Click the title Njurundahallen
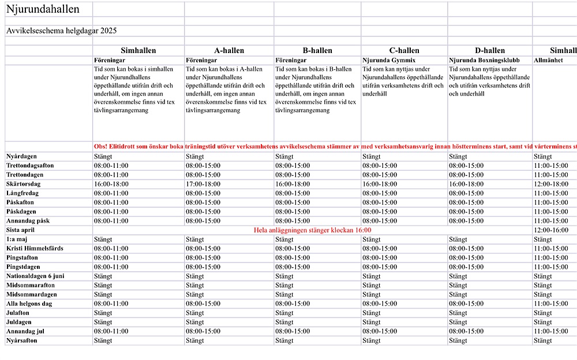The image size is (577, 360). tap(43, 9)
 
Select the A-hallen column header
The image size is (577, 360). tap(229, 51)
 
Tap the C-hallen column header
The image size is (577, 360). tap(404, 51)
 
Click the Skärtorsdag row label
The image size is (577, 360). tap(24, 184)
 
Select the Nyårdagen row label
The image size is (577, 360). tap(22, 156)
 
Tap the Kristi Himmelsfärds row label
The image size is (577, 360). tap(35, 249)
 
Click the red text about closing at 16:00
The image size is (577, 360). tap(312, 230)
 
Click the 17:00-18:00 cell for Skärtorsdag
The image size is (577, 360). tap(203, 184)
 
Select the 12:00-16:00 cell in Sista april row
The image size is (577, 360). tap(551, 230)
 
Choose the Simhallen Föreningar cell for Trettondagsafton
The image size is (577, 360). tap(111, 166)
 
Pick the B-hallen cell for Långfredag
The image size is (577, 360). tap(292, 193)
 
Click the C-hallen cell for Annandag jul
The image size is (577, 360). tap(380, 332)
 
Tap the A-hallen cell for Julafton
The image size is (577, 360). tap(194, 313)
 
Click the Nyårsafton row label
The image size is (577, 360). tap(21, 341)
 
